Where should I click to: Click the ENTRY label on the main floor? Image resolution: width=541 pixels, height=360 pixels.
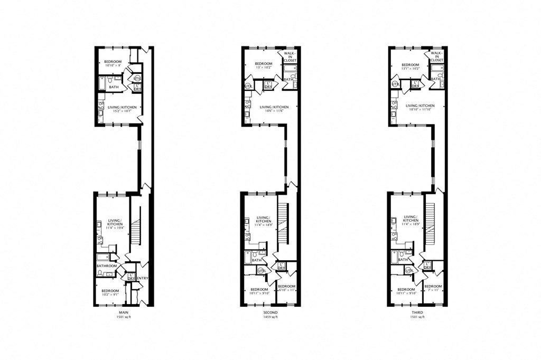[x=142, y=278]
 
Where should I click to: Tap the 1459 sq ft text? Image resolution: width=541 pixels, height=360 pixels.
[x=270, y=317]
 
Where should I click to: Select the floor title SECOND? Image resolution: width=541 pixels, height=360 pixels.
[x=270, y=312]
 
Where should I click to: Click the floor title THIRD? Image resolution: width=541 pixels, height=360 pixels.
[x=417, y=312]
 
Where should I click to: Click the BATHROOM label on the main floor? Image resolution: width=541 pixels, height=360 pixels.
[x=106, y=266]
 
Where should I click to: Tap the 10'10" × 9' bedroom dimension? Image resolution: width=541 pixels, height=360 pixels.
[x=113, y=66]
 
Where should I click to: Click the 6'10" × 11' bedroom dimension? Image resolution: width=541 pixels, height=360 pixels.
[x=286, y=290]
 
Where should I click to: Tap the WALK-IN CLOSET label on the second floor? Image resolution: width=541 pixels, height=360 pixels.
[x=290, y=56]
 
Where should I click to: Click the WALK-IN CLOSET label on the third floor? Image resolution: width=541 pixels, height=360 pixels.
[x=436, y=56]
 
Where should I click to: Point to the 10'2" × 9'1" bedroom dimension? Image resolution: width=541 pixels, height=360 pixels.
[x=110, y=294]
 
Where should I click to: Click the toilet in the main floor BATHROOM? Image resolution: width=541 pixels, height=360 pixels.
[x=100, y=273]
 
